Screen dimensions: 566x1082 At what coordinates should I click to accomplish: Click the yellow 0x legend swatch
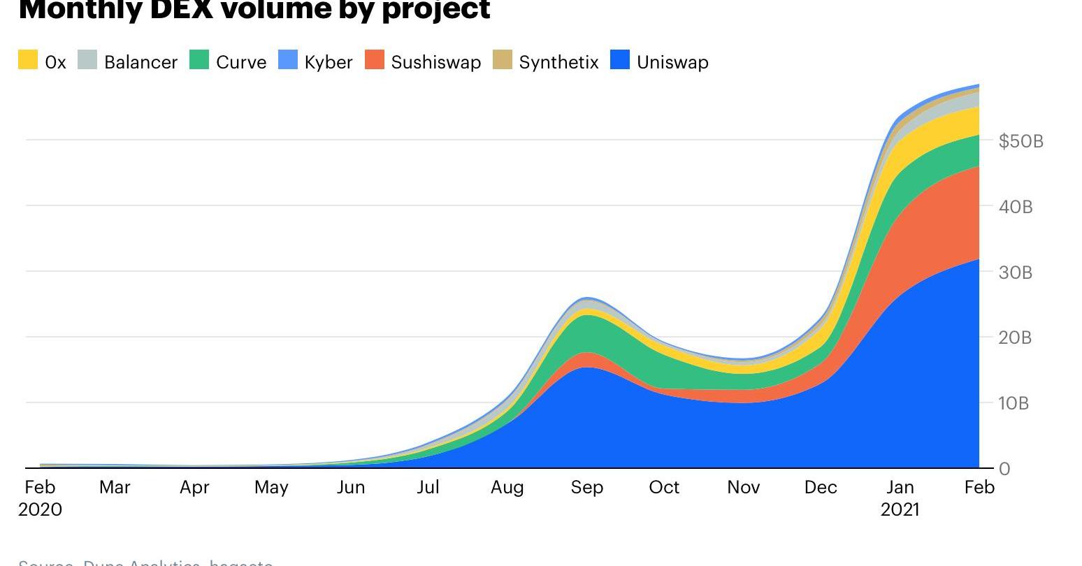tap(28, 60)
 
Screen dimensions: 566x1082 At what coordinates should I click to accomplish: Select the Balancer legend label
tap(140, 62)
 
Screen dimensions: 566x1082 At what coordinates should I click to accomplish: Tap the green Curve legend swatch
tap(199, 60)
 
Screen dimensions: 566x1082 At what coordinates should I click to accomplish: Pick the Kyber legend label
tap(328, 62)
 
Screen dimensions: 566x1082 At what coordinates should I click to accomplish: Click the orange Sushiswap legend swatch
tap(375, 60)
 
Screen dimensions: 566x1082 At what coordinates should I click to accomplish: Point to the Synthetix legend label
tap(558, 62)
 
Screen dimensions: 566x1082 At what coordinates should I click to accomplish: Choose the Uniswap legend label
tap(672, 62)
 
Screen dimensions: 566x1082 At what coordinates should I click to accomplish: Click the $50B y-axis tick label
tap(1020, 141)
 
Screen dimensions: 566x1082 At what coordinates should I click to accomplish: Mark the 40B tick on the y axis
tap(1016, 207)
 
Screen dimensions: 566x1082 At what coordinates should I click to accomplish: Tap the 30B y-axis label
tap(1016, 273)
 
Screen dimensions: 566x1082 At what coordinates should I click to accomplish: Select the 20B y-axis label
tap(1016, 338)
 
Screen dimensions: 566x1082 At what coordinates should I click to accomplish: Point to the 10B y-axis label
tap(1014, 403)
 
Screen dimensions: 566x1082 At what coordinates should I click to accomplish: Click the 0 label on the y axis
tap(1004, 469)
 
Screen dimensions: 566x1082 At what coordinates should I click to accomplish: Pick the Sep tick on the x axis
tap(586, 487)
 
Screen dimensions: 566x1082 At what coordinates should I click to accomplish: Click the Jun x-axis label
tap(350, 487)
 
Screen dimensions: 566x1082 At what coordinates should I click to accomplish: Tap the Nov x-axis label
tap(743, 487)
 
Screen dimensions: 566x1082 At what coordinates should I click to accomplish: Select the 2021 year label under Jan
tap(900, 509)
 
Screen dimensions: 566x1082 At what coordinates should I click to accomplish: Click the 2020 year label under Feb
tap(40, 509)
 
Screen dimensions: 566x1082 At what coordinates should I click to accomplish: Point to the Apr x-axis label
tap(194, 487)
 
